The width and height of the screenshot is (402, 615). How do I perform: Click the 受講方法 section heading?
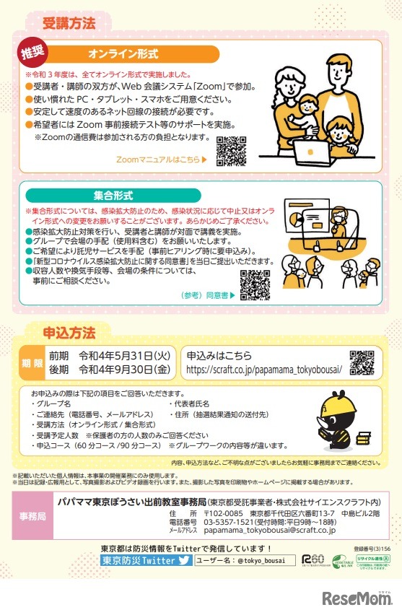coord(69,22)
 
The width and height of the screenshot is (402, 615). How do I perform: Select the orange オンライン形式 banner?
coord(122,55)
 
